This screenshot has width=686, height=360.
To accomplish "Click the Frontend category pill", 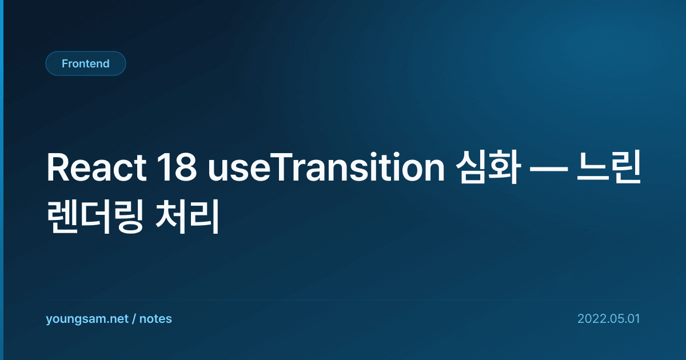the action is coord(86,63).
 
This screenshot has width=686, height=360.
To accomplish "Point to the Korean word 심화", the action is coord(488,167).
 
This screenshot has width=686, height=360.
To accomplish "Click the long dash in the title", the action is coord(549,169).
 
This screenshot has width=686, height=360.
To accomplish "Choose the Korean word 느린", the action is coord(609,167).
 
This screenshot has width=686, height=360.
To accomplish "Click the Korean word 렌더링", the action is coord(95,216).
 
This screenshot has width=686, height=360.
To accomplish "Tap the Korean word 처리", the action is coord(188,216).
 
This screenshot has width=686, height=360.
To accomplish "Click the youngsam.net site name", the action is coord(87,319).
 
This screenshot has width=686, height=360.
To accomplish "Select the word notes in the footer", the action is coord(155,319).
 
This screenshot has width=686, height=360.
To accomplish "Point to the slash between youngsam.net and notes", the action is coord(134,319).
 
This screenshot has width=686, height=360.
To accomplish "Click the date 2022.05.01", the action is coord(609,319).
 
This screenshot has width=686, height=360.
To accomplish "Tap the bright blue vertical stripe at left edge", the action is coord(2,180).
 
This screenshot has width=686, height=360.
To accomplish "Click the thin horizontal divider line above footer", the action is coord(343,300).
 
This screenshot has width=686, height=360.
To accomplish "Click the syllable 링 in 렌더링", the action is coord(127,216).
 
